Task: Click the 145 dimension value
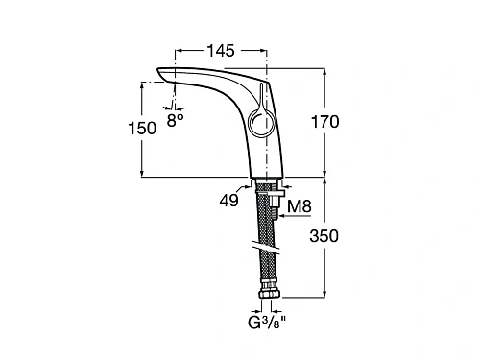pyautogui.click(x=221, y=51)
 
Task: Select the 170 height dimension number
pyautogui.click(x=324, y=122)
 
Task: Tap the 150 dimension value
pyautogui.click(x=142, y=128)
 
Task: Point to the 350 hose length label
pyautogui.click(x=324, y=236)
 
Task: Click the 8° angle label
pyautogui.click(x=175, y=120)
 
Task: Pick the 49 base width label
pyautogui.click(x=228, y=201)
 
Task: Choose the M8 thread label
pyautogui.click(x=300, y=206)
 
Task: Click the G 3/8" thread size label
pyautogui.click(x=267, y=323)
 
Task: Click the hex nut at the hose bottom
pyautogui.click(x=270, y=294)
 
